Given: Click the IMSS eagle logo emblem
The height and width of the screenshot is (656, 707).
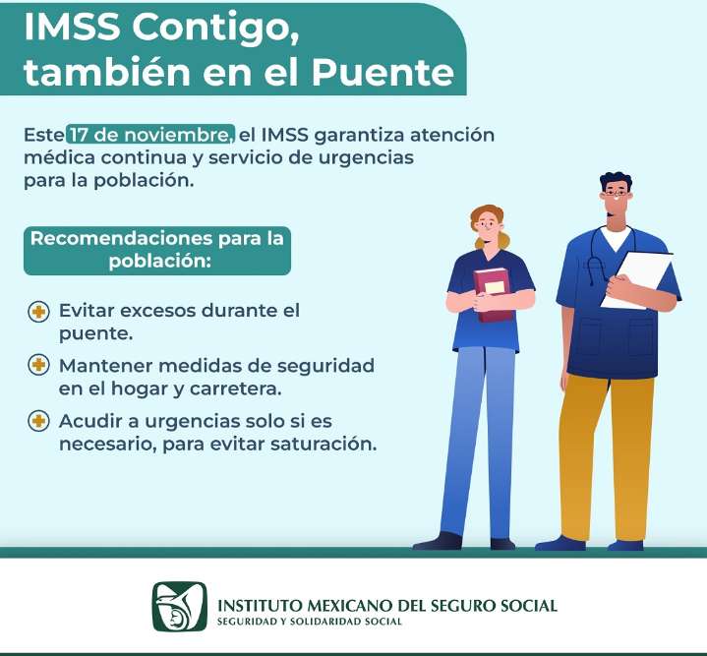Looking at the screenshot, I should pos(179,607).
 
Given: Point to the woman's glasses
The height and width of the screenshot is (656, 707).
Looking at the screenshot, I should pos(486,224).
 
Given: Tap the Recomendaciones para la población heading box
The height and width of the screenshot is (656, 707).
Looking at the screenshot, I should pos(157,251).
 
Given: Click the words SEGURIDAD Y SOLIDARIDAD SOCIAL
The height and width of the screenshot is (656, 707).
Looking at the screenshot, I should pos(310,622).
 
